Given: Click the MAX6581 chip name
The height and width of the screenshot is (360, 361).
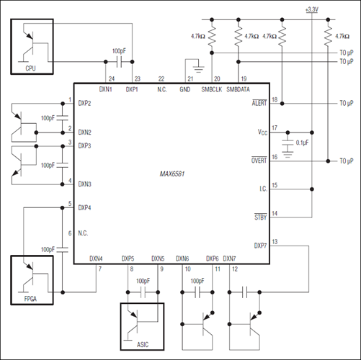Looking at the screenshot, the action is click(172, 174).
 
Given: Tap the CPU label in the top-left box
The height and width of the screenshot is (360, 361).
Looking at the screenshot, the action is click(30, 68).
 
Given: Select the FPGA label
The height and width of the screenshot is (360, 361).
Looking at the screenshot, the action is click(30, 299).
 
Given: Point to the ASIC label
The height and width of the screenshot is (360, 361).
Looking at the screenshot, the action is click(143, 345).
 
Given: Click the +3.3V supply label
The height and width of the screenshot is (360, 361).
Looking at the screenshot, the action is click(312, 9).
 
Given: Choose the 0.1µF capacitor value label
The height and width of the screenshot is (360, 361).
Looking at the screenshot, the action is click(303, 143).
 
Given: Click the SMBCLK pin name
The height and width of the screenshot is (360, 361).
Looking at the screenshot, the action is click(212, 89).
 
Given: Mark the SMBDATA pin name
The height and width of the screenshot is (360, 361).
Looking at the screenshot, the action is click(238, 89).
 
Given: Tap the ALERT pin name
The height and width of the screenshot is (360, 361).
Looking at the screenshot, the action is click(259, 103).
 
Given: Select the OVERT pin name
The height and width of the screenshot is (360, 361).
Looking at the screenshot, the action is click(259, 161).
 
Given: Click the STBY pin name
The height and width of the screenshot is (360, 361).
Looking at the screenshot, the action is click(261, 217).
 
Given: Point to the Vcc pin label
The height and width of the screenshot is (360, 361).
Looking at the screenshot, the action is click(262, 132).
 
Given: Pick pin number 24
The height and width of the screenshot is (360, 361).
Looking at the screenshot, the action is click(112, 78).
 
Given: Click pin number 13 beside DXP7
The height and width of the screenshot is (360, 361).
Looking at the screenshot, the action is click(275, 242).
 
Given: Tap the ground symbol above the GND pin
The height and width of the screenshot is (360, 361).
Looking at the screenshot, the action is click(199, 68).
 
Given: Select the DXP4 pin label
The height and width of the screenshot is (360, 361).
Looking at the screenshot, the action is click(84, 208).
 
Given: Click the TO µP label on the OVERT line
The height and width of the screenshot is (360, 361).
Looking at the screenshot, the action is click(347, 161).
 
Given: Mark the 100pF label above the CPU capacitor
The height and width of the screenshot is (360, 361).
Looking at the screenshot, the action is click(119, 51).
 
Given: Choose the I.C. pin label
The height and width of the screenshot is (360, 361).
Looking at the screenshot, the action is click(263, 189).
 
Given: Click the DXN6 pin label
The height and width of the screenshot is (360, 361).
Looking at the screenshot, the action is click(182, 258).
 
